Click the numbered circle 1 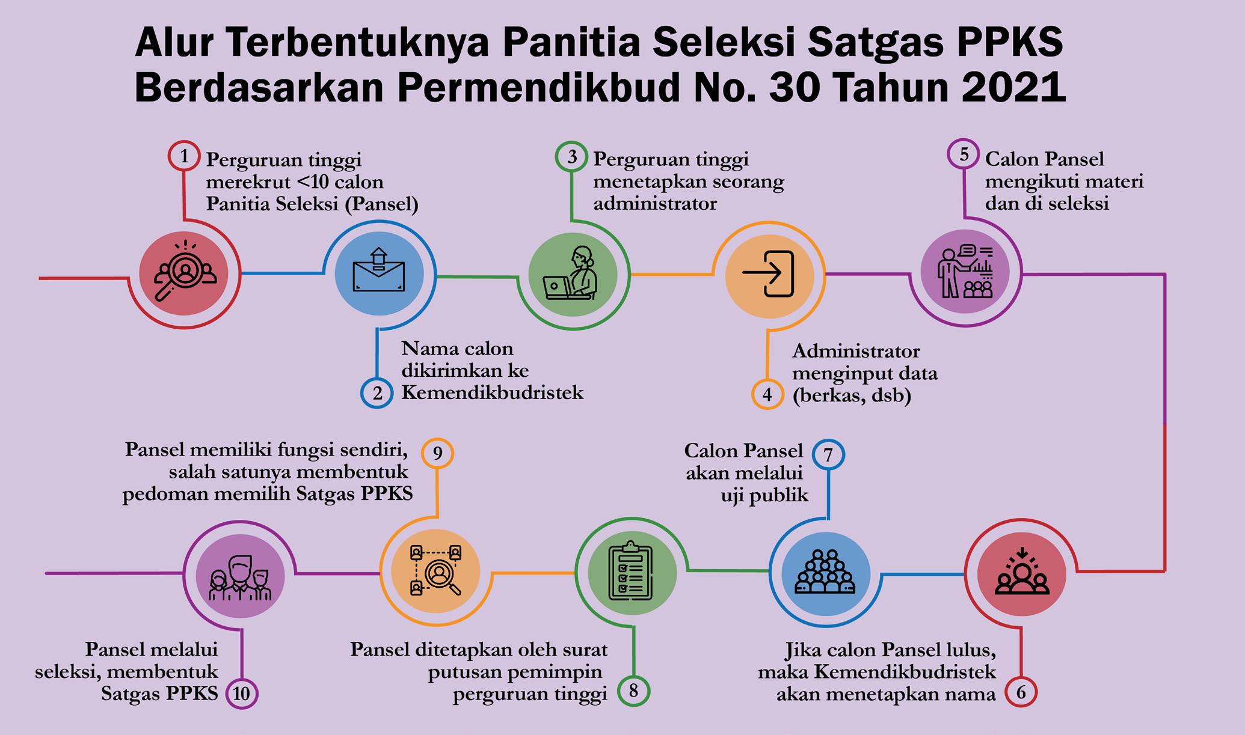pyautogui.click(x=184, y=157)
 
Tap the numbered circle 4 pyautogui.click(x=767, y=395)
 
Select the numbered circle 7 pyautogui.click(x=828, y=455)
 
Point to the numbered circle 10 pyautogui.click(x=241, y=694)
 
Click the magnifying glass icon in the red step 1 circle pyautogui.click(x=183, y=272)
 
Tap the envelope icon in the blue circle pyautogui.click(x=379, y=273)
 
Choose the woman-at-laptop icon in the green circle pyautogui.click(x=572, y=273)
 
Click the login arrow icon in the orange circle pyautogui.click(x=769, y=273)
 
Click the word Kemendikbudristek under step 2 pyautogui.click(x=492, y=393)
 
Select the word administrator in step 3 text pyautogui.click(x=655, y=204)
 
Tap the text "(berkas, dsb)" pyautogui.click(x=852, y=396)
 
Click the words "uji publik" pyautogui.click(x=764, y=495)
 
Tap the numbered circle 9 pyautogui.click(x=437, y=453)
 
